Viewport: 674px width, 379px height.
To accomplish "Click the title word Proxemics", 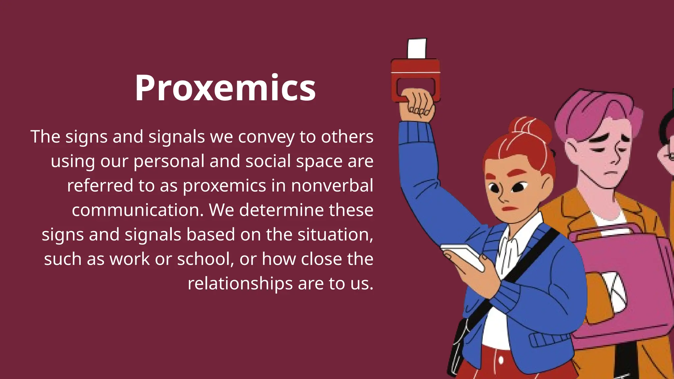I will point(225,88).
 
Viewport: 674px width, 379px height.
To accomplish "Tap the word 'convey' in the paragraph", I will point(266,137).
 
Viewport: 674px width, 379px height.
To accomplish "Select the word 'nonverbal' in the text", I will point(332,186).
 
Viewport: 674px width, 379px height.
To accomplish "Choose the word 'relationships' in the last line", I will point(240,284).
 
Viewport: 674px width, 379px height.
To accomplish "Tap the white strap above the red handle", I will point(417,49).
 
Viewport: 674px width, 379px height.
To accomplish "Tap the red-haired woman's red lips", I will point(509,209).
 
